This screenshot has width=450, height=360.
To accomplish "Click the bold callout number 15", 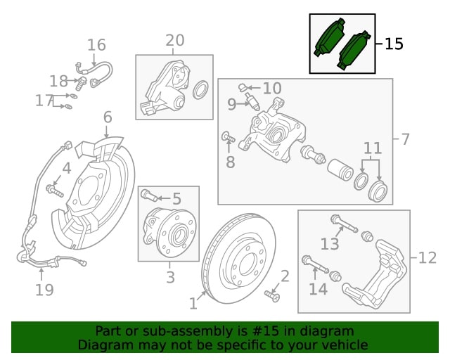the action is [x=394, y=44].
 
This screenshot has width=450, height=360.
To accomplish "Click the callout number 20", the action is [x=175, y=40].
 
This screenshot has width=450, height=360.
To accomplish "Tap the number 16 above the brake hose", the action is [x=96, y=45].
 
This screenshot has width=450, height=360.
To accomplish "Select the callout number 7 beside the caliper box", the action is [x=405, y=139].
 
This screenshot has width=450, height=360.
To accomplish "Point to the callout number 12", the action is [x=427, y=257].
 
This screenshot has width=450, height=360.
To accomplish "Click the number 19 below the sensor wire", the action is [x=44, y=290].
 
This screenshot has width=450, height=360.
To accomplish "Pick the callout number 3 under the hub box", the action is [x=170, y=277].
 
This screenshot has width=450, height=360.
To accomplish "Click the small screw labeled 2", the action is [x=272, y=297].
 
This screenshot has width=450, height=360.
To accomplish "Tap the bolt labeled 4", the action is [x=55, y=191].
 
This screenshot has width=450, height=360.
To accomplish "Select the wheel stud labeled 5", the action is [x=149, y=195].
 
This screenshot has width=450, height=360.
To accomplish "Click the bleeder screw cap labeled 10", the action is [x=243, y=87].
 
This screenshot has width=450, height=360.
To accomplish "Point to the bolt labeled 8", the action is [x=229, y=137].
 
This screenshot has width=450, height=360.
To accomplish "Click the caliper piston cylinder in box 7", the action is [x=340, y=170].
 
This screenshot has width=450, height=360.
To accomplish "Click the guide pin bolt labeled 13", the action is [x=344, y=224].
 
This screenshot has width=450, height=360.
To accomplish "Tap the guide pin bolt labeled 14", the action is [x=315, y=264].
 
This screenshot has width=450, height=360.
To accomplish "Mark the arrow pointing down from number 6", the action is [x=106, y=131].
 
